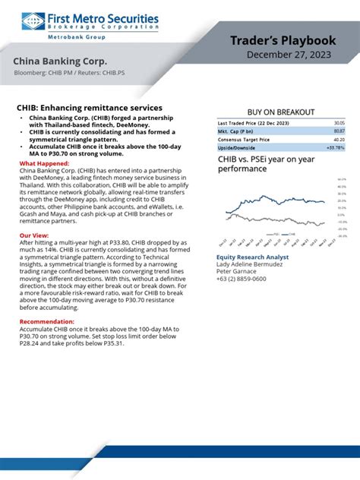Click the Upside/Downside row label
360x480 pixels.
click(236, 147)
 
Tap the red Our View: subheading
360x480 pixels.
click(33, 236)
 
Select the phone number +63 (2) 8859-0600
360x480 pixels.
click(242, 279)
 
